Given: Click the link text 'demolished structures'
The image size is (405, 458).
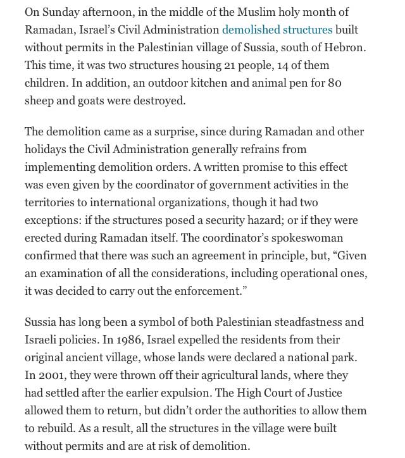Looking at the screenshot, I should tap(277, 29).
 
